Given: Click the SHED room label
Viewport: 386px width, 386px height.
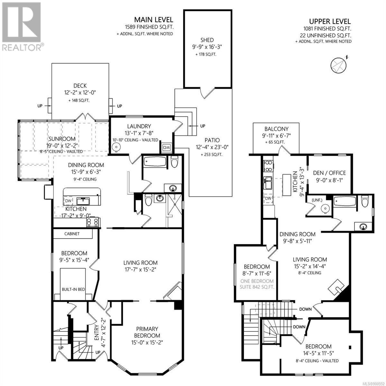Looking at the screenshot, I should point(207,40).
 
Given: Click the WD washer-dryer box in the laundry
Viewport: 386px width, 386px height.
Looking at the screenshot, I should point(167,147).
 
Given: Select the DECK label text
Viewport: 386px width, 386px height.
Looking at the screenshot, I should point(80,86).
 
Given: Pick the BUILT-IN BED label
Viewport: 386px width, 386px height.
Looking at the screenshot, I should point(73,289).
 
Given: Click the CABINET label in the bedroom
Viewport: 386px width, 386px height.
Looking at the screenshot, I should point(72,234).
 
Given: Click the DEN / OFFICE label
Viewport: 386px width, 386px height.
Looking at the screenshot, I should point(329,173).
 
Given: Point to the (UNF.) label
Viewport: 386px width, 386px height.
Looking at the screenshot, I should point(317,200).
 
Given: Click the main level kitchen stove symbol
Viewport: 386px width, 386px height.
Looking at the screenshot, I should point(93,222).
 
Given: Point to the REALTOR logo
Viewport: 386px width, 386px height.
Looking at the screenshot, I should point(22,26).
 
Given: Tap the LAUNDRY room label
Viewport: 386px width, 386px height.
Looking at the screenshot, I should point(139,126).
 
